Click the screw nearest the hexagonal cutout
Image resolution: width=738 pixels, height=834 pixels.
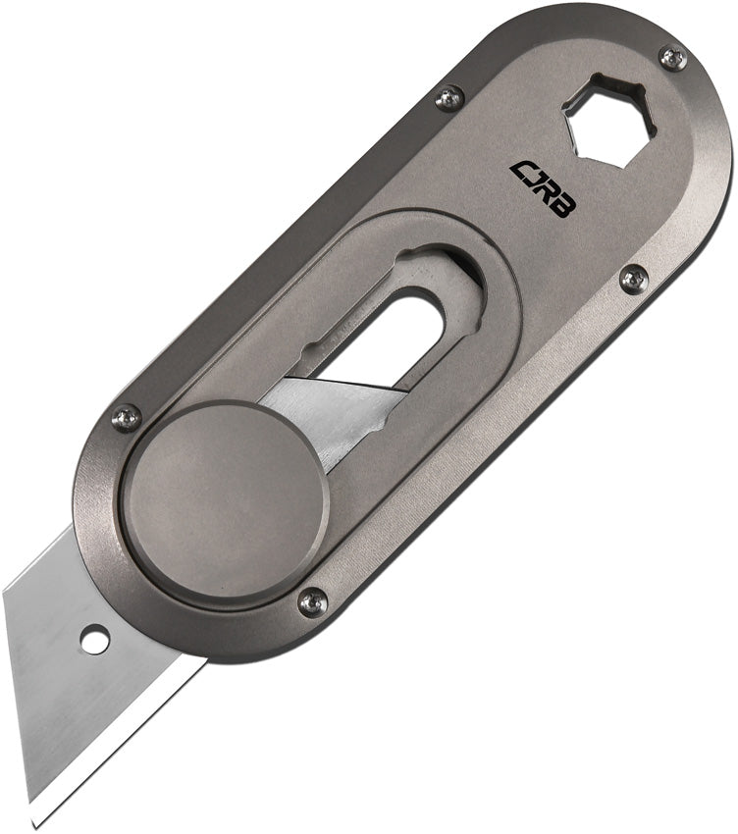672,58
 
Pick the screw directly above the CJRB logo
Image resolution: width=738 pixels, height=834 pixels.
449,96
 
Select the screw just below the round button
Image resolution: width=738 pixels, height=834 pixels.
312,600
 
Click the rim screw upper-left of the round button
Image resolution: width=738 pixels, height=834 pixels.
127,419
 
